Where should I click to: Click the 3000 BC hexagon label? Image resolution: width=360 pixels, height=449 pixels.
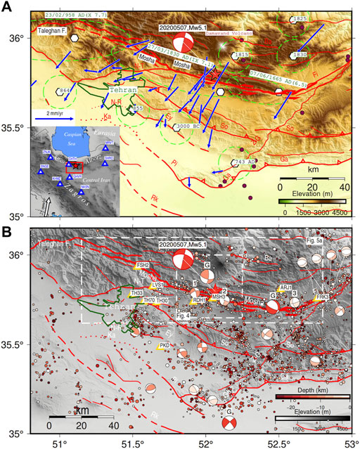coord(190,126)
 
